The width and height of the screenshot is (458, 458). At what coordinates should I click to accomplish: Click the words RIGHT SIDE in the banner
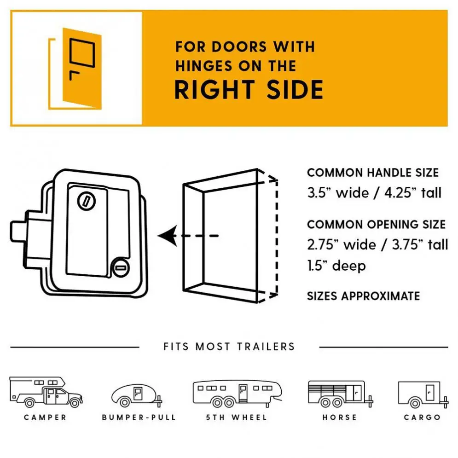(x=249, y=89)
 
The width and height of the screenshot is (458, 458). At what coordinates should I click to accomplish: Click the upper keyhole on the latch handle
(x=87, y=201)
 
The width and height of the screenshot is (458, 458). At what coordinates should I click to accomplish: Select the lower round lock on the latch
(x=121, y=267)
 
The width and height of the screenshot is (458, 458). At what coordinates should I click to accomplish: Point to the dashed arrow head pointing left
(x=168, y=236)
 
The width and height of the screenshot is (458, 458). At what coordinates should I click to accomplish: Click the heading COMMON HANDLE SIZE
(x=373, y=173)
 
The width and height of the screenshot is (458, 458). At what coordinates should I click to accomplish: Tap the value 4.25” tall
(x=413, y=193)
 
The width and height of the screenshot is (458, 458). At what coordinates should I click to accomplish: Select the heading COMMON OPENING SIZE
(x=377, y=224)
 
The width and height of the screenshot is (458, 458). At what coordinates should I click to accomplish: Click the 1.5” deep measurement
(x=336, y=266)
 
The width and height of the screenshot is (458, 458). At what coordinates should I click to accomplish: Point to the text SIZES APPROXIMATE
(x=363, y=296)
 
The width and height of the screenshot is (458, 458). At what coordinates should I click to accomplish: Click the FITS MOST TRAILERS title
(x=229, y=347)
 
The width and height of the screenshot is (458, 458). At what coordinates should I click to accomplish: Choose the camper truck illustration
(x=46, y=392)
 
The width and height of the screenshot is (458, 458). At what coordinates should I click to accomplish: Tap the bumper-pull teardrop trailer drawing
(x=137, y=395)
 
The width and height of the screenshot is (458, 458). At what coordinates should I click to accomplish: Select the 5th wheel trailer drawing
(x=238, y=394)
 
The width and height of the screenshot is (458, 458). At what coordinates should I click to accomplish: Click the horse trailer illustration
(x=341, y=394)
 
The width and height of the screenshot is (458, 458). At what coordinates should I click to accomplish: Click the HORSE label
(x=340, y=417)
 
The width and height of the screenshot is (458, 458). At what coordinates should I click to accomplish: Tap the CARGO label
(x=422, y=417)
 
